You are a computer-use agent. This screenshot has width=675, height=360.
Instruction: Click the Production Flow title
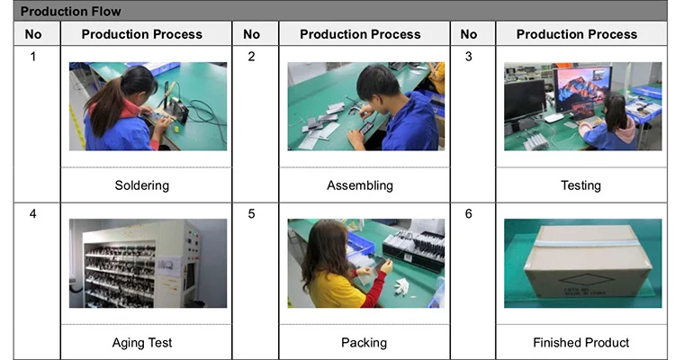[x=70, y=11]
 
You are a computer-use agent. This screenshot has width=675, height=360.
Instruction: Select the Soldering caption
[x=141, y=185]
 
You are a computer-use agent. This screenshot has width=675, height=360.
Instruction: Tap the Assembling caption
[x=360, y=185]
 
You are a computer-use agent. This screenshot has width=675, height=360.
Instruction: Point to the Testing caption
[x=580, y=185]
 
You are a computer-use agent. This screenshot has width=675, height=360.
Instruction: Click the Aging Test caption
[x=141, y=342]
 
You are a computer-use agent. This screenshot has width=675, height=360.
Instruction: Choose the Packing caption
[x=364, y=342]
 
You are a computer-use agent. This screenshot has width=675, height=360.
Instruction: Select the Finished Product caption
[x=580, y=342]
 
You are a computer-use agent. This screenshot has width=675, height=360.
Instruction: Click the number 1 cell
[x=33, y=57]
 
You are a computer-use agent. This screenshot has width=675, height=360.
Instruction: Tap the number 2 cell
[x=251, y=57]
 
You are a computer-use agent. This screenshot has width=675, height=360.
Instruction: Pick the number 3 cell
[x=468, y=57]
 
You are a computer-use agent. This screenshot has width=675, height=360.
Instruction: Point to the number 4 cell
[x=33, y=213]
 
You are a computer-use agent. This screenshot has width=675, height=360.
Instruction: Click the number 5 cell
[x=251, y=213]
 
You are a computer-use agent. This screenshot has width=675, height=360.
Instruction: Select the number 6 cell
[x=468, y=213]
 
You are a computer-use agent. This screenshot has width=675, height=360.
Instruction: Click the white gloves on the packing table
[x=401, y=284]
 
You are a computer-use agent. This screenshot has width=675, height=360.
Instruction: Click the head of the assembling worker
[x=378, y=83]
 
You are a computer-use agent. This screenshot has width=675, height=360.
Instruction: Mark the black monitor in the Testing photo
[x=525, y=101]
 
